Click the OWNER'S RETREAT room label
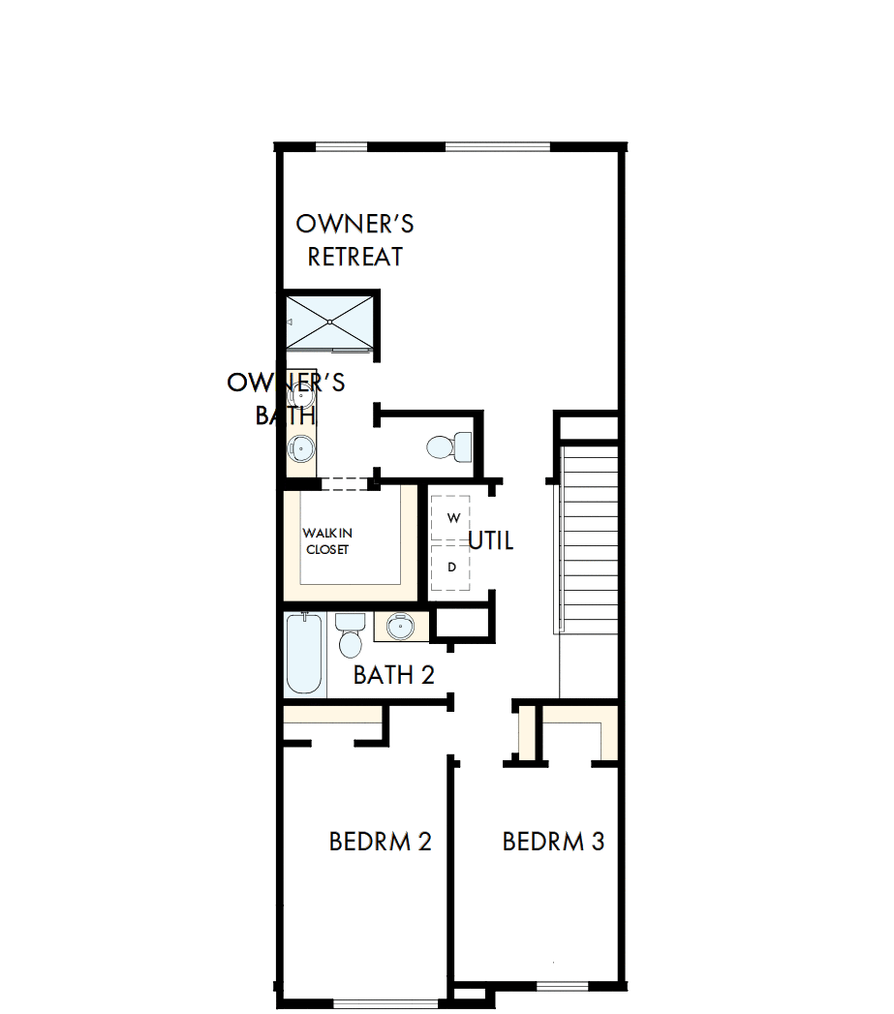tap(355, 240)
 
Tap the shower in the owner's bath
tap(329, 321)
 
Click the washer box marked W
tap(451, 518)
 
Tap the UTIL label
tap(490, 540)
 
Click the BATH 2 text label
tap(393, 675)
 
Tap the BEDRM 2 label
tap(380, 842)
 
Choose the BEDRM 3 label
tap(553, 842)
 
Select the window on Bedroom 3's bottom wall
tap(563, 987)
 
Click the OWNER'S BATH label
tap(286, 398)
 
